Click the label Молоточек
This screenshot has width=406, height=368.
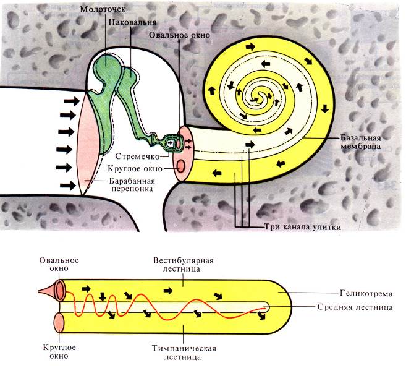(x=103, y=9)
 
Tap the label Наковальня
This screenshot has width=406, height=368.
(x=132, y=22)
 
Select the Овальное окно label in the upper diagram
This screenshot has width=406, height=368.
(x=179, y=35)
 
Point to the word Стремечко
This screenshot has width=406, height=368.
(x=137, y=156)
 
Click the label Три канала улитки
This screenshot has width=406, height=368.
(x=302, y=227)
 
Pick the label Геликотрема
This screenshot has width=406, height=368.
(x=366, y=293)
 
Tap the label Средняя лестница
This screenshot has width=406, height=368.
(x=355, y=307)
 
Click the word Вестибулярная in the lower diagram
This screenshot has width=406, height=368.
(x=184, y=260)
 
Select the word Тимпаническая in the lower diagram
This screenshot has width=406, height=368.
(x=184, y=348)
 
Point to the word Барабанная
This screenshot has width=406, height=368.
(x=132, y=181)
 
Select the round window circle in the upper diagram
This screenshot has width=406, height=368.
(x=180, y=166)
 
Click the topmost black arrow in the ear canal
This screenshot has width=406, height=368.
(x=72, y=101)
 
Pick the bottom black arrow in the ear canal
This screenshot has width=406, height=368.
(x=69, y=185)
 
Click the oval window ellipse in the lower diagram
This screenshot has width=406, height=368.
(x=60, y=290)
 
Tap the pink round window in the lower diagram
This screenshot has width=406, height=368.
(x=59, y=323)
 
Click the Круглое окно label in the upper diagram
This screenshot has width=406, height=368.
(x=135, y=169)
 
